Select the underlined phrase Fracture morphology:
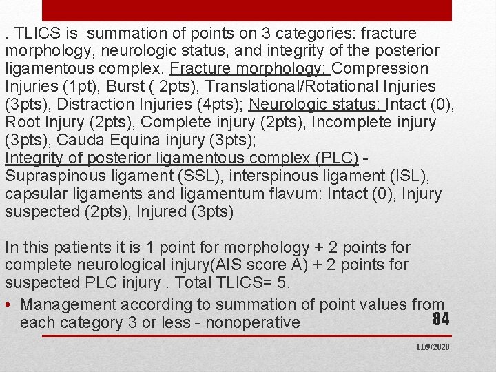pos(251,69)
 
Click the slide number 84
pos(441,318)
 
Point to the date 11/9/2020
pos(432,347)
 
